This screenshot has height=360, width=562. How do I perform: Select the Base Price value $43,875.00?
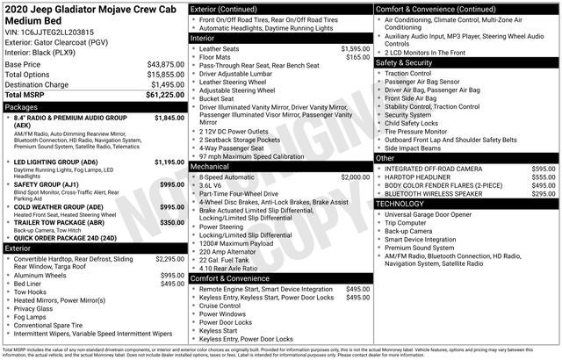click(x=165, y=65)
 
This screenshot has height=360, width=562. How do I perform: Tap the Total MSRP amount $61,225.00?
click(x=165, y=95)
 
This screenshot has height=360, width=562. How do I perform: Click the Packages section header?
click(x=22, y=106)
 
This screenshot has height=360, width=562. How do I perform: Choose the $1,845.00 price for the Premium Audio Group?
click(x=169, y=117)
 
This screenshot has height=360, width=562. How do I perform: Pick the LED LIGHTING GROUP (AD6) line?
click(x=56, y=162)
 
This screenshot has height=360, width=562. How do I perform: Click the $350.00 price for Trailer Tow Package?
click(x=172, y=223)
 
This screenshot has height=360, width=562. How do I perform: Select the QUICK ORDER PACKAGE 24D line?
click(x=65, y=237)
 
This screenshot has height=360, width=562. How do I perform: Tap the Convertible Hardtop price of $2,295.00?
click(x=169, y=259)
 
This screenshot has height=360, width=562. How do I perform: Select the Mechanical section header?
click(x=210, y=166)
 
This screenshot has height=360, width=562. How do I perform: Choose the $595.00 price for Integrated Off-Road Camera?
click(x=544, y=168)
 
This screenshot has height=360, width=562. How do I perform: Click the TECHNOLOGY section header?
click(x=400, y=204)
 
